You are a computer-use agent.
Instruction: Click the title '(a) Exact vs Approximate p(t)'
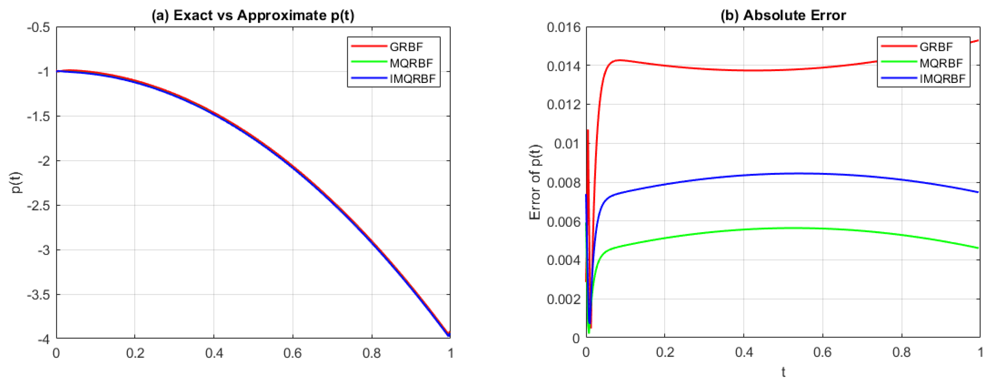click(253, 16)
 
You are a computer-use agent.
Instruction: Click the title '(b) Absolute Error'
click(783, 16)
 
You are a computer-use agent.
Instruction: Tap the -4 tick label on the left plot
click(44, 339)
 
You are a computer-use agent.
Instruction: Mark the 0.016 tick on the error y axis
click(564, 28)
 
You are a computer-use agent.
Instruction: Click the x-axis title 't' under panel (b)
click(783, 372)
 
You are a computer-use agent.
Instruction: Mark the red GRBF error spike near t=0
click(588, 133)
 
